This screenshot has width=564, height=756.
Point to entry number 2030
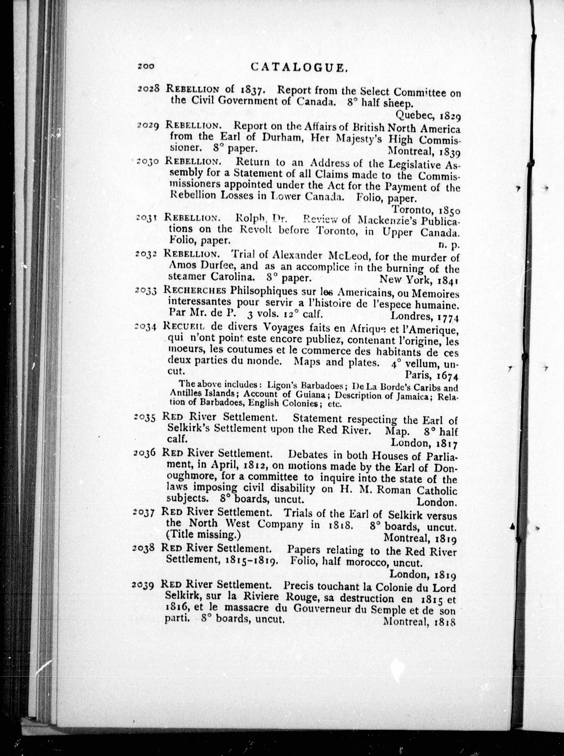[147, 161]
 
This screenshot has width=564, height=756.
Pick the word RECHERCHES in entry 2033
[195, 290]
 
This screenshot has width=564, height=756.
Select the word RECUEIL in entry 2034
[184, 326]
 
